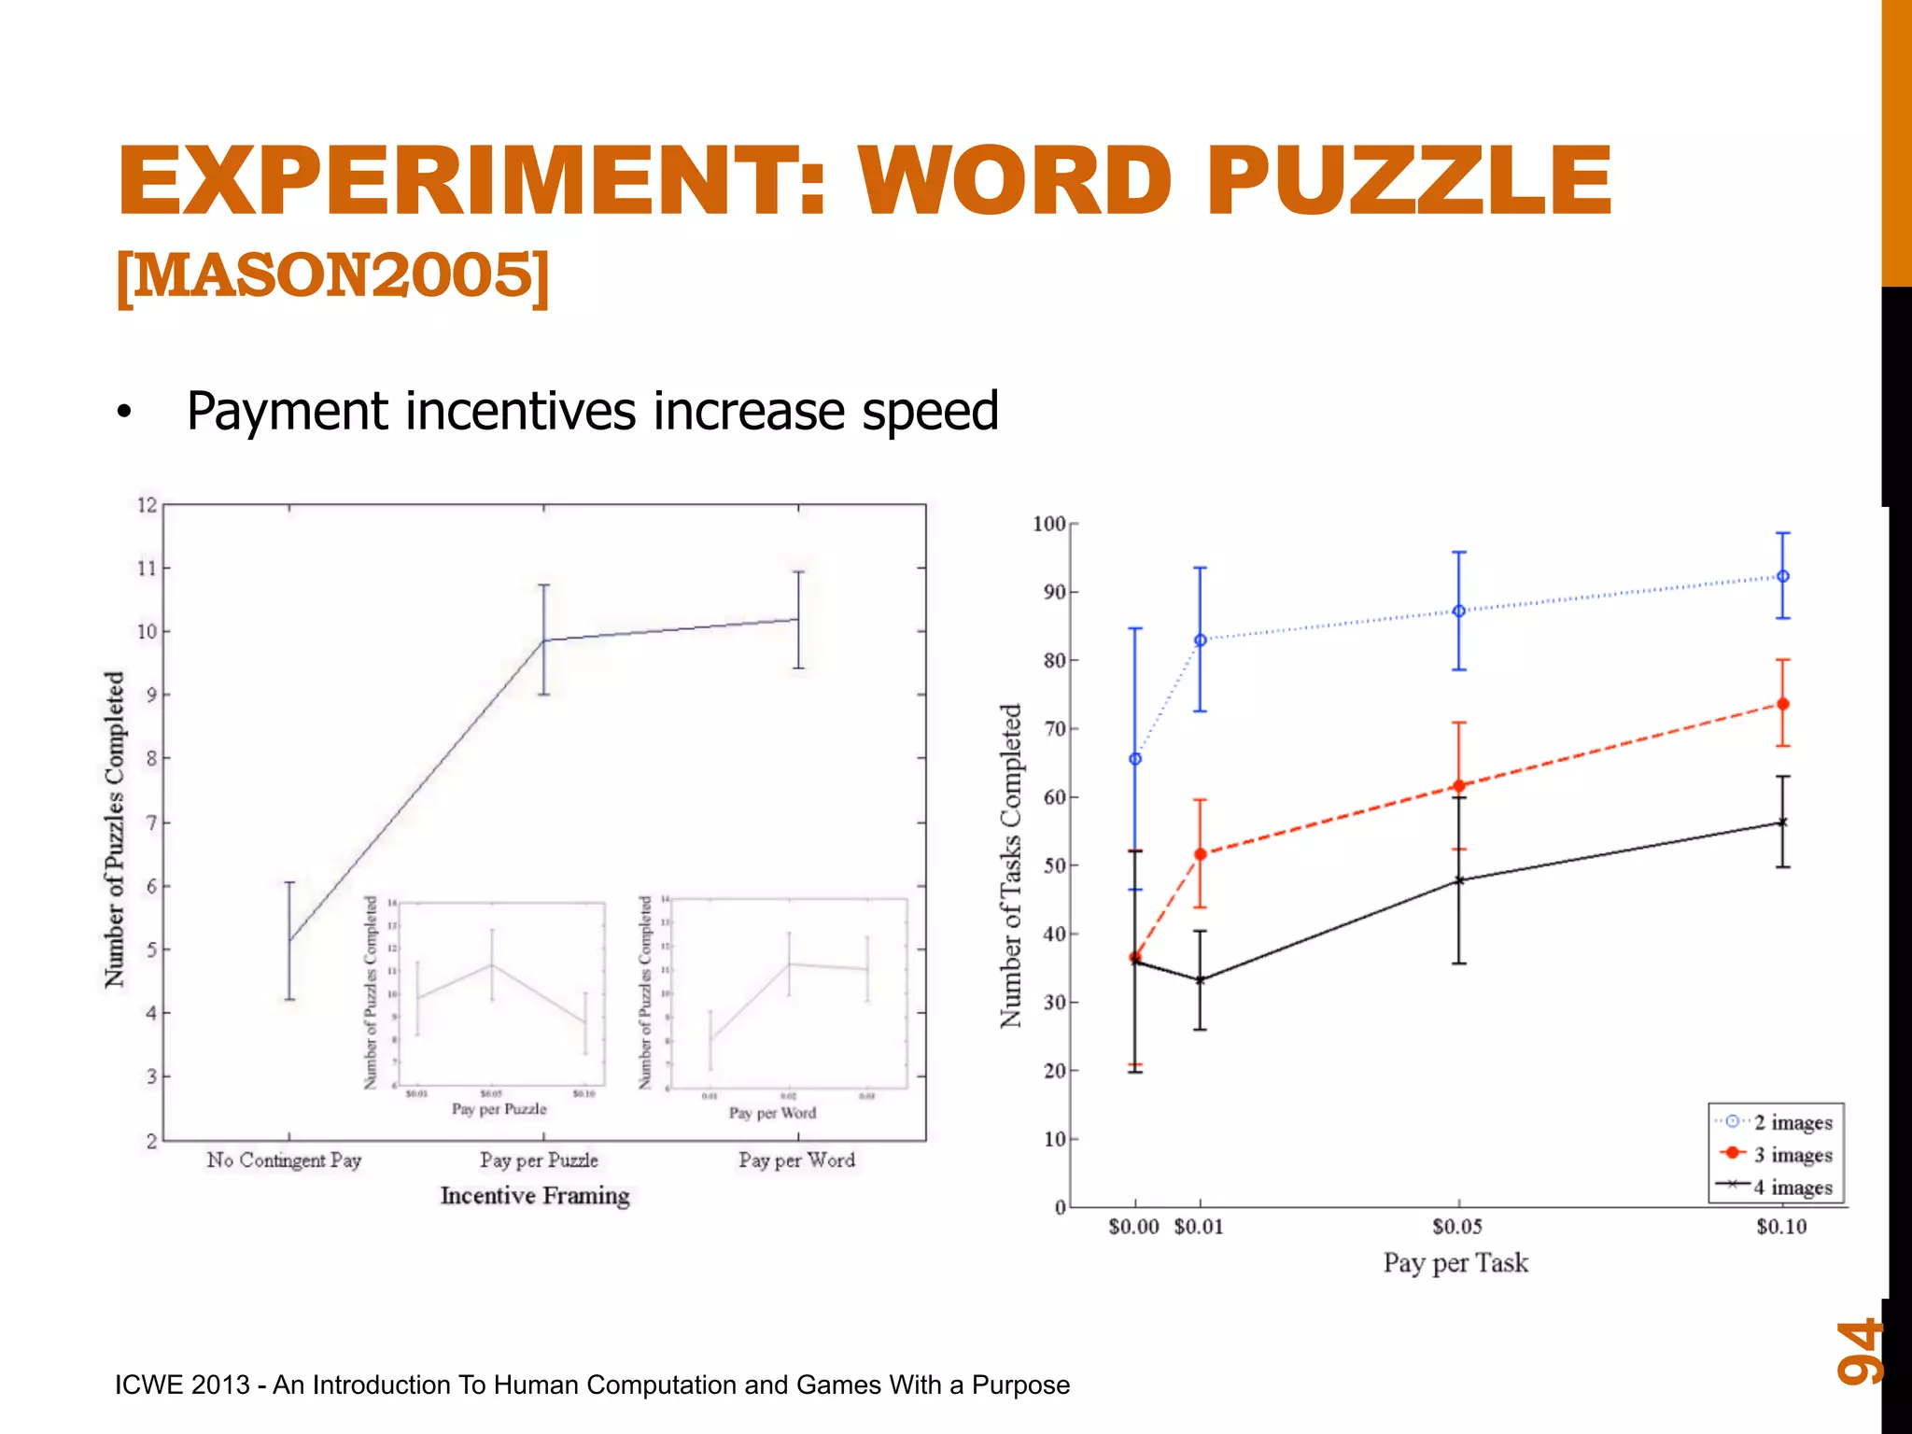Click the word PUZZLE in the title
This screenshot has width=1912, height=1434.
(1409, 181)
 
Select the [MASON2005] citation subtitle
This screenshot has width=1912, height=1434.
(333, 276)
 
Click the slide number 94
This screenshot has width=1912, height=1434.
(1859, 1350)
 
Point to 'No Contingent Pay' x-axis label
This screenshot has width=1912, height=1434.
(284, 1160)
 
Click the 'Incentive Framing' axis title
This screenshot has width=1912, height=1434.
(535, 1196)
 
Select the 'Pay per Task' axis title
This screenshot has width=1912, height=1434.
(1455, 1263)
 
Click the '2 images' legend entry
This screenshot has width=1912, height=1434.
(1792, 1122)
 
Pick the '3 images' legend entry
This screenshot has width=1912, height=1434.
(1792, 1155)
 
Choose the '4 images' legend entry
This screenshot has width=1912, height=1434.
(1792, 1188)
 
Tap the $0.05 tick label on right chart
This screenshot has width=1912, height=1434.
(1457, 1227)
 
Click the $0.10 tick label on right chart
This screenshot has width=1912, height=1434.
(1781, 1227)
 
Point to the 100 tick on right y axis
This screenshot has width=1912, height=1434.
(1049, 524)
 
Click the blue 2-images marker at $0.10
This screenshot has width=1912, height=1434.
(1783, 577)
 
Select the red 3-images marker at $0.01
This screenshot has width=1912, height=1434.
(1201, 854)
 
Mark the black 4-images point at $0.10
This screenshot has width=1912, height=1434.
(1783, 822)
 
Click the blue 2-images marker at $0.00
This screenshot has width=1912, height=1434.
(1135, 759)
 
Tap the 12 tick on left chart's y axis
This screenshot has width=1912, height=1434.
(148, 505)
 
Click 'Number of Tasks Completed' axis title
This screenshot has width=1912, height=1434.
(1011, 865)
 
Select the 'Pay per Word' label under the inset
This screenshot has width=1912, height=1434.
(772, 1113)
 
